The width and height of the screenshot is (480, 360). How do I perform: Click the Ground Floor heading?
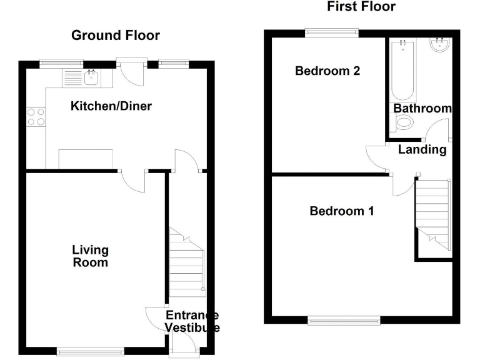point(116,35)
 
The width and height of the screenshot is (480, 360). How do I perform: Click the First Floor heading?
point(361,7)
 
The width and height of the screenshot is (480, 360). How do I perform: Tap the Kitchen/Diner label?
point(111,106)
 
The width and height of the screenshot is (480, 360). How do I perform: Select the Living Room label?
point(91,256)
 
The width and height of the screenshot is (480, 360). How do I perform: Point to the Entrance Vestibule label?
point(192,321)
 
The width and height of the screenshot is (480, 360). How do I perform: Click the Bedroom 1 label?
point(342,211)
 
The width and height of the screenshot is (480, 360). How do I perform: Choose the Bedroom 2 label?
point(327,71)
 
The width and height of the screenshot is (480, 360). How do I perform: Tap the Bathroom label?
point(422,108)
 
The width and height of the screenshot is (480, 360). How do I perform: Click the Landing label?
point(422,149)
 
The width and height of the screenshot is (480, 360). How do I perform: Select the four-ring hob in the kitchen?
point(36,117)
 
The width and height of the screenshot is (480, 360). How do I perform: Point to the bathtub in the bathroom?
point(402,70)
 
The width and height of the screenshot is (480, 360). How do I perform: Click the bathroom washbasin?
point(440,45)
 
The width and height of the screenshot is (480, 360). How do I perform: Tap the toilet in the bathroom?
point(404,123)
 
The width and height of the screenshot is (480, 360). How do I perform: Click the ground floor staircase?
point(187,262)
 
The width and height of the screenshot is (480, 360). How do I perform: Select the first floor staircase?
point(433,211)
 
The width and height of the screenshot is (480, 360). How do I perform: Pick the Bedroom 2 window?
point(332,32)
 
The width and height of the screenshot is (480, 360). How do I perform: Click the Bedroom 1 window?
point(343,320)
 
